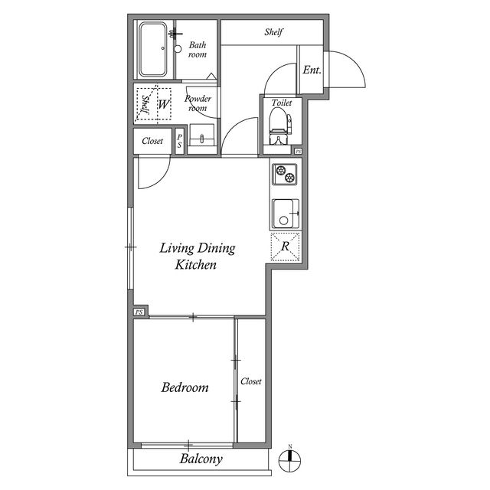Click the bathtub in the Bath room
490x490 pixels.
[152, 49]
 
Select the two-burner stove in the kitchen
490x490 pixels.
[285, 174]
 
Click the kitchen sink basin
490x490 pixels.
[286, 214]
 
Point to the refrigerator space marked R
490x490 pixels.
[285, 247]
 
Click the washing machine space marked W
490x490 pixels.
[163, 104]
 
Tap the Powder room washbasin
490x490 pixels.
[202, 136]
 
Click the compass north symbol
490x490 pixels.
[289, 461]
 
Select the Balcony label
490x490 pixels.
[201, 459]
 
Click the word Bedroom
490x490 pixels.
[185, 387]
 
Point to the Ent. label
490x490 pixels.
[312, 70]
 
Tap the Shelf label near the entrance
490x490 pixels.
[273, 32]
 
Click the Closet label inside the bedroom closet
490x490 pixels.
[251, 381]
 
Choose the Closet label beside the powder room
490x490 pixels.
[152, 141]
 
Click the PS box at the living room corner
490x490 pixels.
[139, 312]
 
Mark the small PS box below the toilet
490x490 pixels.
[298, 152]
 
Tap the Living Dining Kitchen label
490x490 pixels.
[198, 256]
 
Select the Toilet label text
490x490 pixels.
[282, 103]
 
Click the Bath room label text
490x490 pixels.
[198, 50]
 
